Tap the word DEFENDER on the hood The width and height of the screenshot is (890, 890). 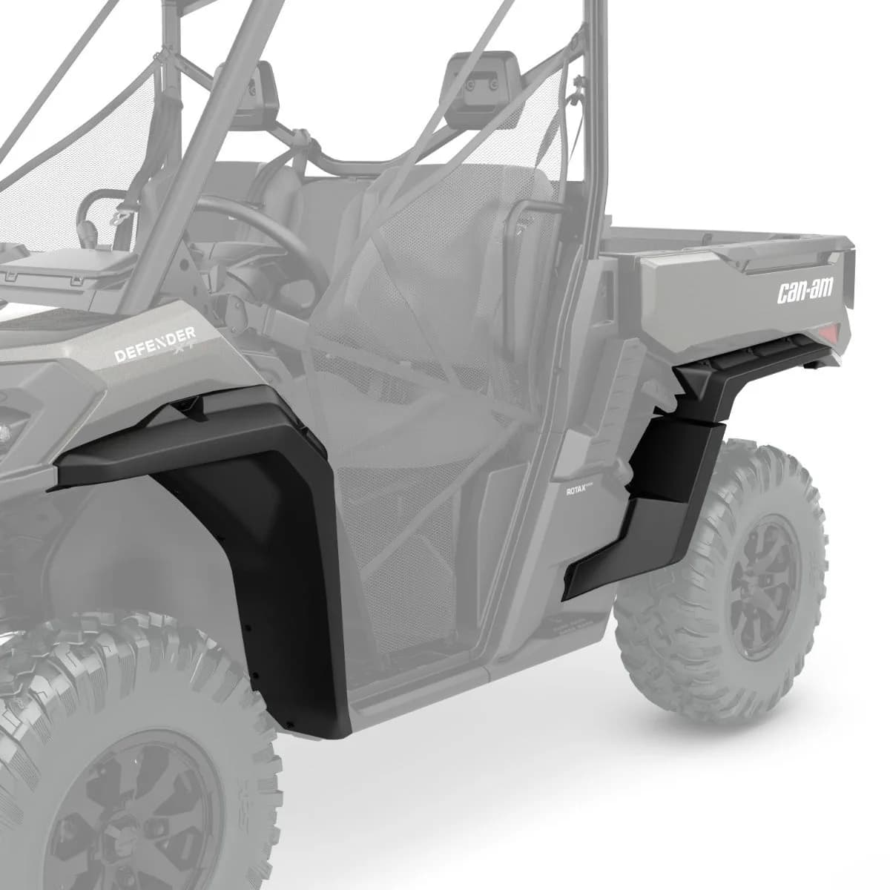pos(155,344)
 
